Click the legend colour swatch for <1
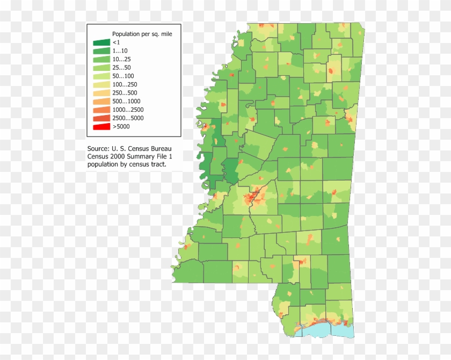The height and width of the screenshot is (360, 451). pyautogui.click(x=100, y=42)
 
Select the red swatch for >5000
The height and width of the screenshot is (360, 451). pyautogui.click(x=100, y=127)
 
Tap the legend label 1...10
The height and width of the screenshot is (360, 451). pyautogui.click(x=120, y=51)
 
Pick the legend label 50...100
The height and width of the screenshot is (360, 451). pyautogui.click(x=123, y=76)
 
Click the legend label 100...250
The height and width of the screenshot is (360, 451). pyautogui.click(x=125, y=84)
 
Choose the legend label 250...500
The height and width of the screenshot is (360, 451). pyautogui.click(x=125, y=93)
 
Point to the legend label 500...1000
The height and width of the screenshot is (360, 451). pyautogui.click(x=126, y=101)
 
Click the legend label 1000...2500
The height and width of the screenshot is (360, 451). pyautogui.click(x=128, y=110)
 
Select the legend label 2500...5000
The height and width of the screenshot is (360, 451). pyautogui.click(x=128, y=118)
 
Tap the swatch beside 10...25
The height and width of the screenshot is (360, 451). pyautogui.click(x=100, y=59)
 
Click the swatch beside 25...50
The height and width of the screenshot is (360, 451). pyautogui.click(x=100, y=67)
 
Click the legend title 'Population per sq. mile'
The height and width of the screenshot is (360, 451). pyautogui.click(x=142, y=33)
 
